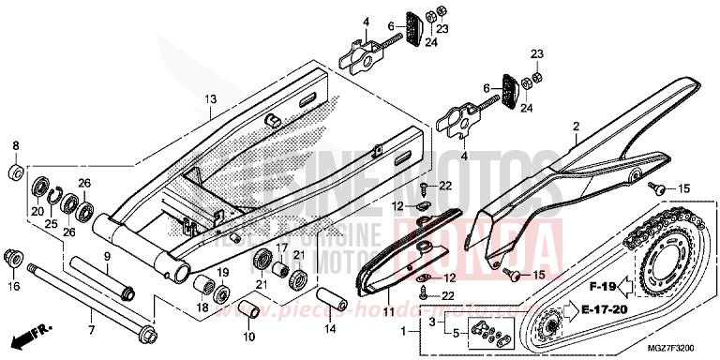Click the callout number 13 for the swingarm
pyautogui.click(x=210, y=98)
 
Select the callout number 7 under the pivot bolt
pyautogui.click(x=91, y=329)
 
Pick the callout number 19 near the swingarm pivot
pyautogui.click(x=224, y=272)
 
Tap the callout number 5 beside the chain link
pyautogui.click(x=457, y=333)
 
